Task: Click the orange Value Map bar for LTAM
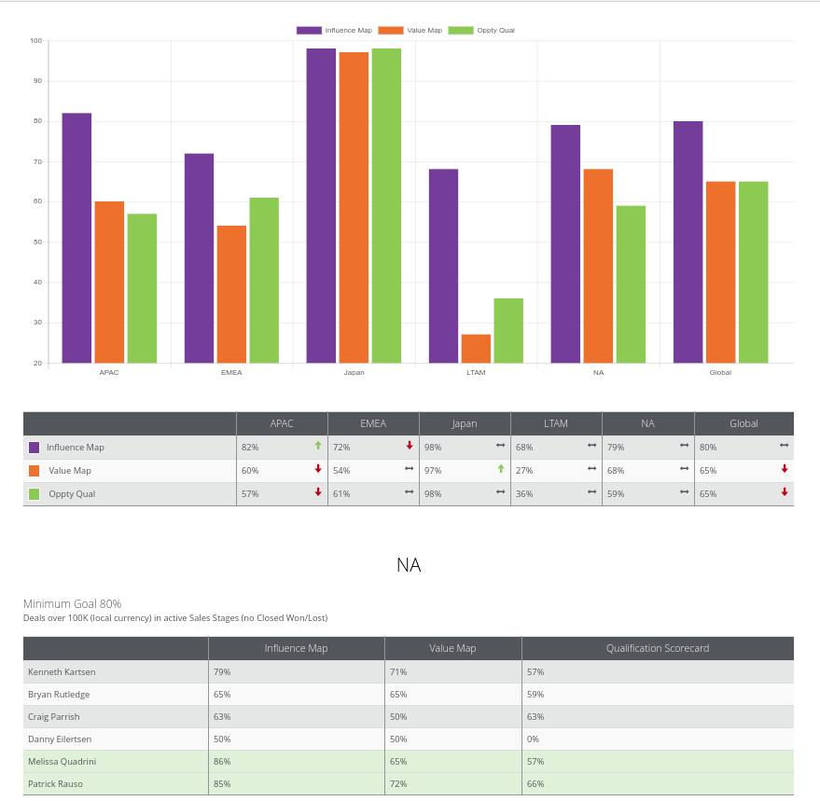[x=476, y=349]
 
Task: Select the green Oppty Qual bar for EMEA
[x=264, y=281]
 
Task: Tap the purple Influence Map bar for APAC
[x=76, y=238]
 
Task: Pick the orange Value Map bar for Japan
[x=354, y=208]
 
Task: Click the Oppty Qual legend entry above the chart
[x=481, y=31]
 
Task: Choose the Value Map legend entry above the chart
[x=410, y=31]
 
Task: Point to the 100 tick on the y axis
[x=36, y=41]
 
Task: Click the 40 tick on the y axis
[x=37, y=283]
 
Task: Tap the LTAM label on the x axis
[x=476, y=372]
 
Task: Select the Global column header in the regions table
[x=744, y=423]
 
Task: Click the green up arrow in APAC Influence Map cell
[x=318, y=446]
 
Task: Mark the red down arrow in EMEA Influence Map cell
[x=410, y=446]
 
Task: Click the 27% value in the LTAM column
[x=524, y=471]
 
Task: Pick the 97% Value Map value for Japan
[x=433, y=471]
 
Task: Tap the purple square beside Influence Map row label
[x=34, y=448]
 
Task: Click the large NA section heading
[x=409, y=565]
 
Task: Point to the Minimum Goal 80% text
[x=72, y=604]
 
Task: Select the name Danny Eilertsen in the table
[x=60, y=739]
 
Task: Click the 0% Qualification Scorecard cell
[x=533, y=739]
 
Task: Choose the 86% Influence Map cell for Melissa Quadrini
[x=222, y=762]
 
